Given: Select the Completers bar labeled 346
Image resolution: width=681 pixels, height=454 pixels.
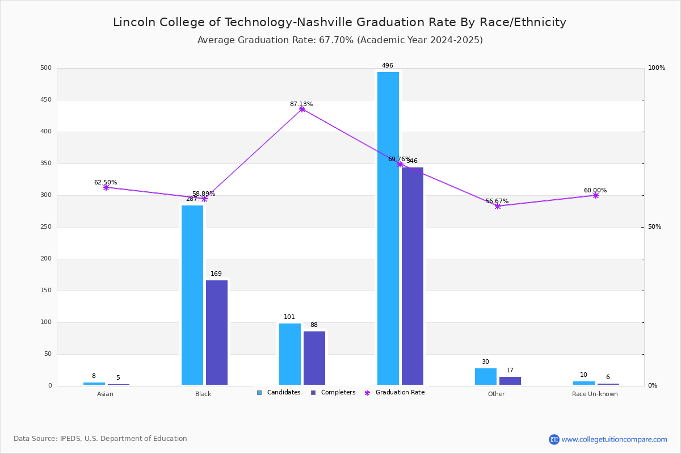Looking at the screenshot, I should pos(413,276).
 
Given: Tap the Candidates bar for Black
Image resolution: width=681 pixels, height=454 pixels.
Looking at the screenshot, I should pos(192,295).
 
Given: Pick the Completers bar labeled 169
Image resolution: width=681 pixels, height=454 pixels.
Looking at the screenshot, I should pos(217,333).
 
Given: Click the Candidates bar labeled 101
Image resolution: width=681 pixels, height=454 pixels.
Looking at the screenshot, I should pos(290,354).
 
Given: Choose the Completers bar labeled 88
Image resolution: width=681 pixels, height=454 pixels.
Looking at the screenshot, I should pos(314,358).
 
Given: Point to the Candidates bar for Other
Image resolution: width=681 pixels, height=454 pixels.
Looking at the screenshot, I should pos(486,376).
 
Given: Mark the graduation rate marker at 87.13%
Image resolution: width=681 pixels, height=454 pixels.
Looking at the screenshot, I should pos(302,109).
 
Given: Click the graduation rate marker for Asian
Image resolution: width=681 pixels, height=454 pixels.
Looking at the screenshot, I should pos(106,187).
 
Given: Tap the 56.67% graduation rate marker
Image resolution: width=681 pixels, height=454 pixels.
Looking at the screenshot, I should pos(498,206).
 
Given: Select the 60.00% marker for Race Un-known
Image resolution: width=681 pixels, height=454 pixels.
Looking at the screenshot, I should pos(596,195).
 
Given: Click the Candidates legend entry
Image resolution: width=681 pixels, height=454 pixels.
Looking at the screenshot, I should pos(279,393).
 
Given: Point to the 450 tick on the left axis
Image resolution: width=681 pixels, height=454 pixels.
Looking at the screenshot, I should pos(46,100).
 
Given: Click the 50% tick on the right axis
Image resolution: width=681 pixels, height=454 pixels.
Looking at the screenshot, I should pos(654,227).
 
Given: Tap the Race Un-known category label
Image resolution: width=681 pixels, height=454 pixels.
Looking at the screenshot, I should pos(595,394).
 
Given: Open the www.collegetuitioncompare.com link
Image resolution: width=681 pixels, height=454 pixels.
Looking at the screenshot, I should pos(614,439).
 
